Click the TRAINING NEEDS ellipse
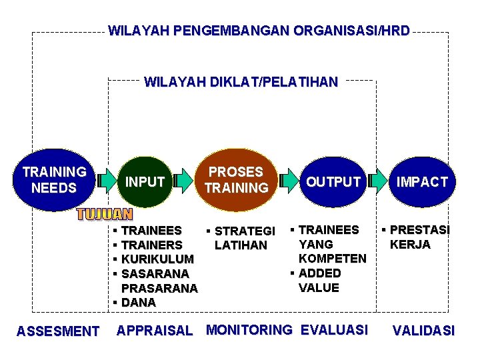coord(54,179)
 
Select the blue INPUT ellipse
coord(145,181)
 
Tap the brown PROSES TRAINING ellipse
coord(236,179)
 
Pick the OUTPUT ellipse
coord(333,181)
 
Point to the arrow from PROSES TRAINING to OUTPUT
coord(289,180)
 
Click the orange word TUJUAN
coord(105,214)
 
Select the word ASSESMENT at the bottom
coord(58,331)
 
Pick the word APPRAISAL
coord(155,330)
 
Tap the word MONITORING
coord(249,329)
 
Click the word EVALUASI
coord(334,329)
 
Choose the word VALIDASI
coord(424,330)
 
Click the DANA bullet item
coord(138,302)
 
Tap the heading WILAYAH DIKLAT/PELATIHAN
coord(241,83)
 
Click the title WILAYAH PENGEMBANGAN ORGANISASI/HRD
coord(259,31)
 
